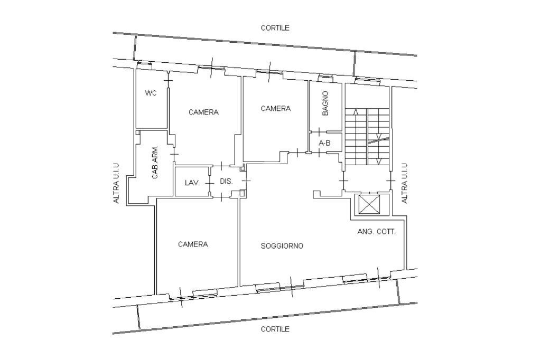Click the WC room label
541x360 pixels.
tap(151, 93)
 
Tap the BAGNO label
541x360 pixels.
tap(325, 103)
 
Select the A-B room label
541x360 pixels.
tap(325, 143)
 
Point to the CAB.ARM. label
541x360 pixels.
tap(155, 162)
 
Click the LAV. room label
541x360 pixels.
tap(192, 183)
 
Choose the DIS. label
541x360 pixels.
tap(226, 181)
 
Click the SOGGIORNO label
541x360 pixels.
tap(282, 246)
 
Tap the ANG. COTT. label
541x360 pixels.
tap(376, 232)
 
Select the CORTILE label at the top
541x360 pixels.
tap(275, 28)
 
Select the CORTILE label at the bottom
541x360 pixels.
tap(275, 329)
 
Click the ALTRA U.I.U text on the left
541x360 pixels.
tap(116, 183)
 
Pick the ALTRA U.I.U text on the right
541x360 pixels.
tap(404, 183)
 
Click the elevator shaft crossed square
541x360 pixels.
tap(369, 204)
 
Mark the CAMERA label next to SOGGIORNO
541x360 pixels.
tap(193, 244)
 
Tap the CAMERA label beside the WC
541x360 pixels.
tap(203, 112)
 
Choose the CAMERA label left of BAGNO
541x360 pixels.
tap(276, 109)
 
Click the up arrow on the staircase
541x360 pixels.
tap(356, 112)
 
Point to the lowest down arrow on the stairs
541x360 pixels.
tap(378, 162)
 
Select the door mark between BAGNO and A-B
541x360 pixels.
tap(319, 132)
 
